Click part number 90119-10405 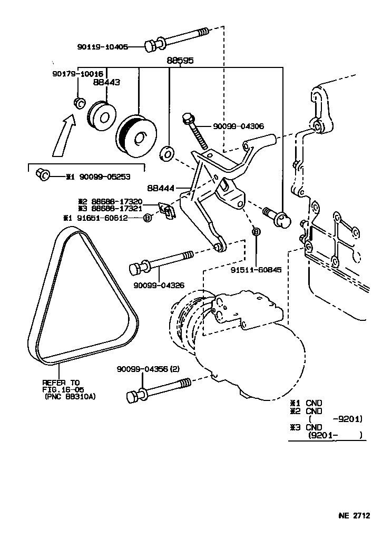[x=103, y=46]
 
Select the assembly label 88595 [x=180, y=61]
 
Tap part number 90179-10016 [x=77, y=74]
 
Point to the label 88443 [x=106, y=82]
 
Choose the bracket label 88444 [x=161, y=188]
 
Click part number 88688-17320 [x=117, y=201]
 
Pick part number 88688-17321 [x=117, y=209]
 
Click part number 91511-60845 [x=256, y=270]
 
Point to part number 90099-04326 [x=159, y=286]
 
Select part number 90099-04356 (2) [x=148, y=369]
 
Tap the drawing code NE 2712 [x=354, y=515]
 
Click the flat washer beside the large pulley [x=166, y=153]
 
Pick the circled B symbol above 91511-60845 [x=256, y=231]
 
